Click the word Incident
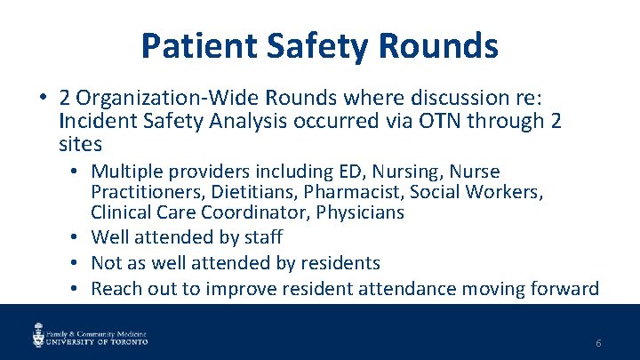(95, 120)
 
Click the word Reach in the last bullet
(115, 289)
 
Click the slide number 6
(599, 342)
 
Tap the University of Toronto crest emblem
(38, 334)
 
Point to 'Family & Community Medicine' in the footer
(97, 329)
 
